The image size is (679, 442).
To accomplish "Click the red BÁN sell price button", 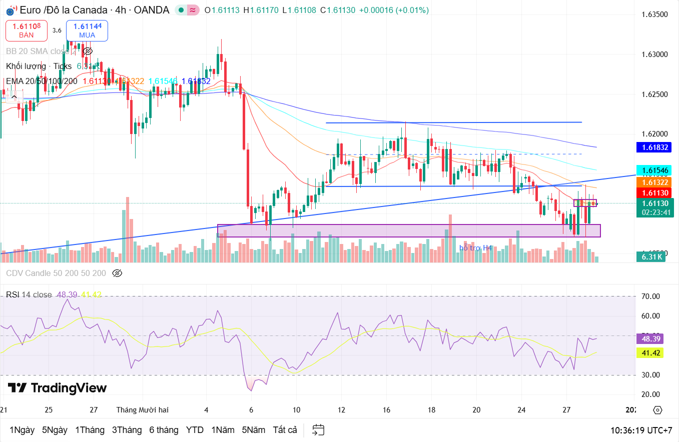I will point(27,30).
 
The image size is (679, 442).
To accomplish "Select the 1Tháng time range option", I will point(90,430).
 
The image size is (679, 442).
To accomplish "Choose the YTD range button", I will point(195,430).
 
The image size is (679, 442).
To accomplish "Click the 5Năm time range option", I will point(254,430).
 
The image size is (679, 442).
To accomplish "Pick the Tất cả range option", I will point(285,430).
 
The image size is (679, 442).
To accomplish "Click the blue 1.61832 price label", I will point(652,147).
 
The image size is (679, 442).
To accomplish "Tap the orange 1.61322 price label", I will point(652,182).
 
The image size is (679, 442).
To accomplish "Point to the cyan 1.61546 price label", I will point(652,170).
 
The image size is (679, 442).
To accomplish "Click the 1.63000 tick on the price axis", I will point(654,54).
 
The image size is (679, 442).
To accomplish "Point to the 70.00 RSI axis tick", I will point(650,296).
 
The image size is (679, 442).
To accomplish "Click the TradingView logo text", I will point(58,388).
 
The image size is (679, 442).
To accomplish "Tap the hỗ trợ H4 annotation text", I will point(475,248).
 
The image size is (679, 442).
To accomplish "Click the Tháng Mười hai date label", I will point(142,410).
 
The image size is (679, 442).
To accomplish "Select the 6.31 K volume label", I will point(652,257).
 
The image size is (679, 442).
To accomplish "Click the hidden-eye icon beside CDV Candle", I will point(117,273).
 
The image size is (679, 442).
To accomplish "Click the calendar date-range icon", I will point(318,430).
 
